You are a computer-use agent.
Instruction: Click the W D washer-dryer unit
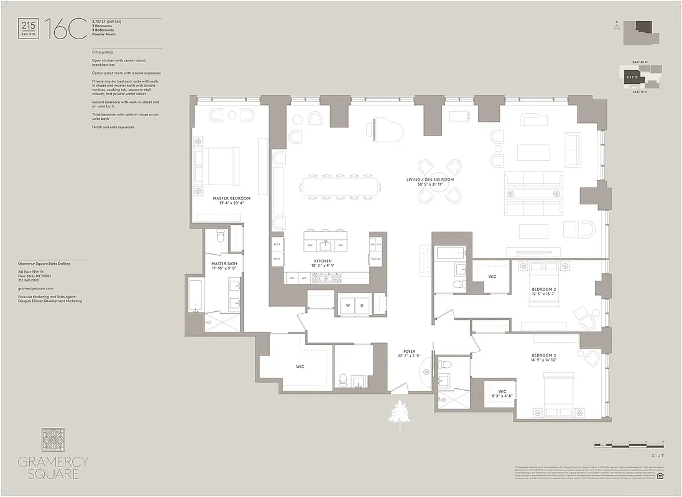click(x=354, y=305)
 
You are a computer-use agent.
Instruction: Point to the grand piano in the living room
click(x=385, y=131)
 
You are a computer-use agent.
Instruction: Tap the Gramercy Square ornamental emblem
click(x=52, y=439)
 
